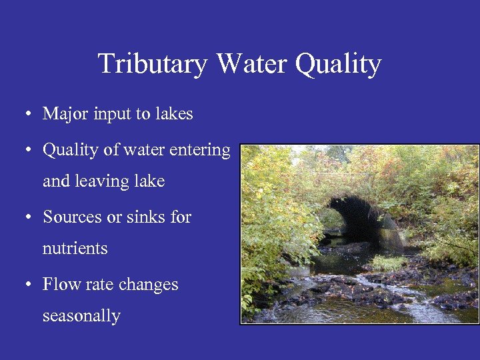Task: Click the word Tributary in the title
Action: pos(153,64)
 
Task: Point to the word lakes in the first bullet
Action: pos(174,114)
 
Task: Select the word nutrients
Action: pos(75,249)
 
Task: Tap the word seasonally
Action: pos(81,316)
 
